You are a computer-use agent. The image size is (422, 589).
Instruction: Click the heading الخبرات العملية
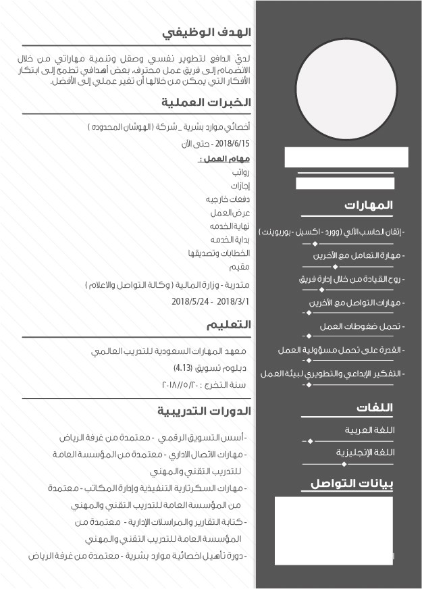(x=206, y=103)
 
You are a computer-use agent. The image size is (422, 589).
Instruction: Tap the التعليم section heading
(x=229, y=325)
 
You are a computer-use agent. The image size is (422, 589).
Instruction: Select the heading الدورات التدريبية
(x=205, y=411)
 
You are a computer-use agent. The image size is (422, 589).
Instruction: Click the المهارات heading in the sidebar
(x=368, y=205)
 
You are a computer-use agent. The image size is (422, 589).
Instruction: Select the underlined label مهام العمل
(x=226, y=159)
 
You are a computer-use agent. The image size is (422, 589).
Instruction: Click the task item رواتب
(x=241, y=173)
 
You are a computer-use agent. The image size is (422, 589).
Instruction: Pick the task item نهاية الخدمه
(x=230, y=226)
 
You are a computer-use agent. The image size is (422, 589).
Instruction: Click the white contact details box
(x=334, y=530)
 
